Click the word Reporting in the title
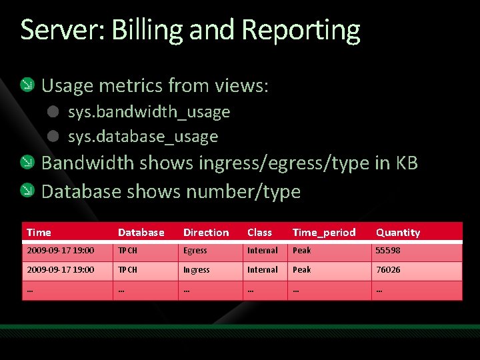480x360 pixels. (301, 31)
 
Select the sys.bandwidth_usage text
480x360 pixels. (149, 112)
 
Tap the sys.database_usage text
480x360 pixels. (143, 137)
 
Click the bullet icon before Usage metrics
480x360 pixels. (27, 85)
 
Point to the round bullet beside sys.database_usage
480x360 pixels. (54, 137)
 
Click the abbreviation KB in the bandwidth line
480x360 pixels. (407, 163)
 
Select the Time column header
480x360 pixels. (39, 233)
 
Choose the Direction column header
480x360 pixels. (206, 233)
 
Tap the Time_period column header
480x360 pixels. (324, 233)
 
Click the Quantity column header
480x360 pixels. (398, 233)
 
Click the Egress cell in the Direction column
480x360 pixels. (195, 251)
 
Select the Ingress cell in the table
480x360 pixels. (197, 270)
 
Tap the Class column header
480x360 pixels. (259, 233)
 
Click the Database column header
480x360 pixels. (141, 233)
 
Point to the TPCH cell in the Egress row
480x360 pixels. (127, 251)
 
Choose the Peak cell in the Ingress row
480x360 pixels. (301, 270)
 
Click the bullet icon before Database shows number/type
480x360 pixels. (27, 191)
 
